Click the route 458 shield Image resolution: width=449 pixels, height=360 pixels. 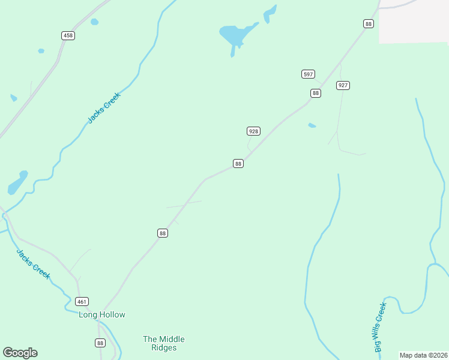pos(68,36)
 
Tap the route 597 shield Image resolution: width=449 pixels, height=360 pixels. pos(308,74)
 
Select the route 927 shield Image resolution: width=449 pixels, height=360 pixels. pos(343,85)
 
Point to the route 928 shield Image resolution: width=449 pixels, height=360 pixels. pos(253,131)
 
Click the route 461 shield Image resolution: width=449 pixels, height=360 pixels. pos(82,301)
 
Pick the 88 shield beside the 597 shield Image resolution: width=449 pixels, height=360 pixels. pos(316,93)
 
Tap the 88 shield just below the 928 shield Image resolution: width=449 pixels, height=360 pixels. pos(238,164)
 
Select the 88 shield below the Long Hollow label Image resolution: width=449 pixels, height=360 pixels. pos(100,343)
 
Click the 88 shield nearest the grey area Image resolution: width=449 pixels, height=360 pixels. pos(368,23)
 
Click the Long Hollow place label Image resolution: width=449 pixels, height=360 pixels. pos(102,314)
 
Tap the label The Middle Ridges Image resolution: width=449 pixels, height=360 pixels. pos(163,343)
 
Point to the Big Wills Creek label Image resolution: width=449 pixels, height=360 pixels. pos(380,327)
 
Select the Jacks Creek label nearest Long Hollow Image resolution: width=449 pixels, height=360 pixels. pos(33,264)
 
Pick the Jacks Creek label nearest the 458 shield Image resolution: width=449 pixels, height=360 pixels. pos(104,107)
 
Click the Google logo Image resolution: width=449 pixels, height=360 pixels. pos(20,353)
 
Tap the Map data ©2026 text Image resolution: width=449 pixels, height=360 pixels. pos(423,355)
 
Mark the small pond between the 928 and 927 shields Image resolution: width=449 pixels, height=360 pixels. pos(312,125)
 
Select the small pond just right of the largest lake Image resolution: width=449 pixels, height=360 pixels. pos(270,11)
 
